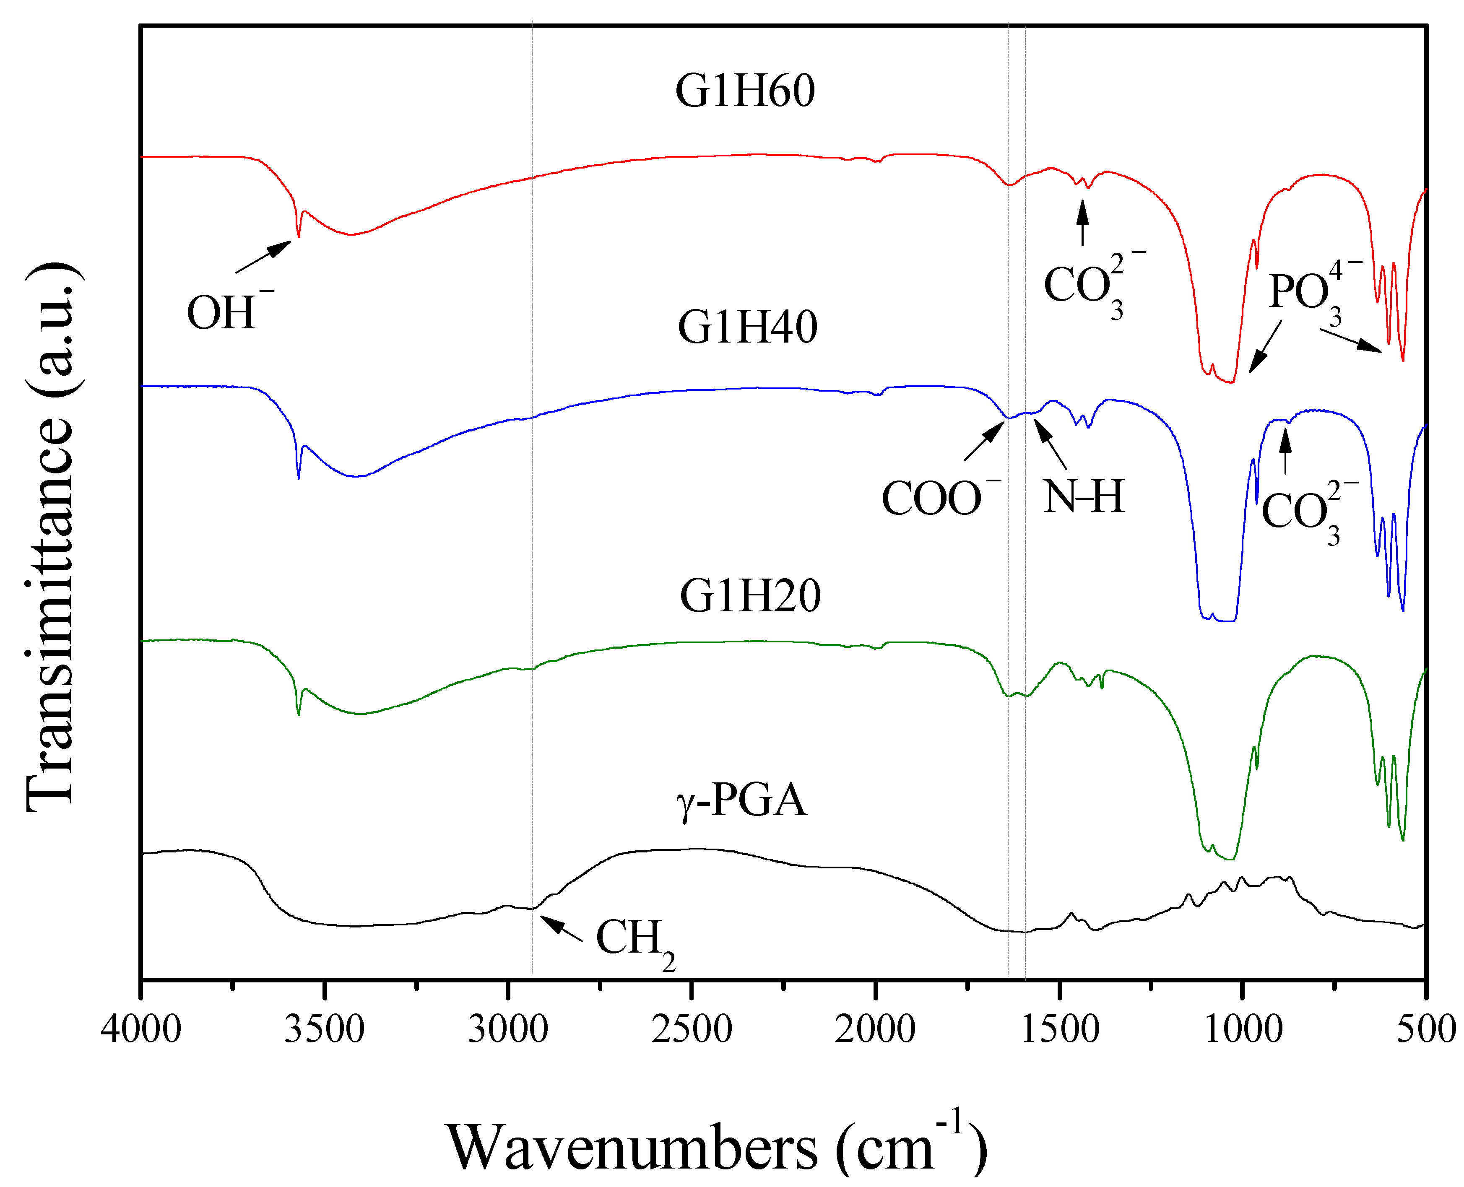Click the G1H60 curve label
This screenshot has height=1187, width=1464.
[x=745, y=91]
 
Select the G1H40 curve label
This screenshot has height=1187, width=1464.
[x=747, y=327]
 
